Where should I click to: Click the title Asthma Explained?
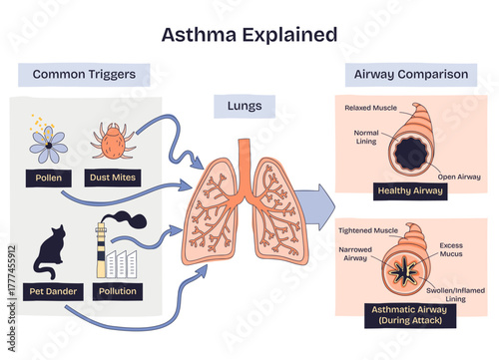[249, 35]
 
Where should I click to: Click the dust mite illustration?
[112, 141]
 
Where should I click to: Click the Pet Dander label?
[48, 291]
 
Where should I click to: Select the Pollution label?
[117, 291]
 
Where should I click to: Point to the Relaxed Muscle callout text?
[370, 108]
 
